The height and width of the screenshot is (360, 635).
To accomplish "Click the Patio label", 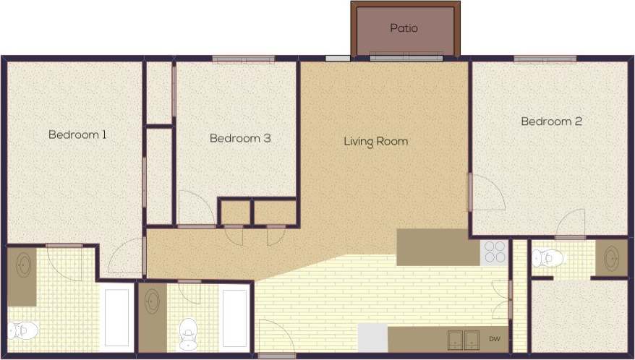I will coord(404,29).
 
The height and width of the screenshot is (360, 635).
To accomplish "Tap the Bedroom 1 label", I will coord(77,134).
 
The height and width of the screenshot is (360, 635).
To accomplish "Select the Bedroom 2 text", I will coord(551,121).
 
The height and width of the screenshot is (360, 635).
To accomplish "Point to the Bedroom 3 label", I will coord(240,138).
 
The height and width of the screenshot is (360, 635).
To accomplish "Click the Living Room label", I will coord(375,142).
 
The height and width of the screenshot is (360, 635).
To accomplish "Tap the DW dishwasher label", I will coord(495,338).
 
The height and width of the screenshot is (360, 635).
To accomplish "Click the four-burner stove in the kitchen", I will coord(495,252).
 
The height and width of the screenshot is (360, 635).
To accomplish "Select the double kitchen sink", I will coord(463,338).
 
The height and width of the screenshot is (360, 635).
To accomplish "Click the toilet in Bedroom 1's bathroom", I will coord(22,330).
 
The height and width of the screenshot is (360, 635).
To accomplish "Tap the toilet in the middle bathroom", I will coord(189,333).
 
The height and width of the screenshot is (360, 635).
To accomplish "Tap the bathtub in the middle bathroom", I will coord(234,319).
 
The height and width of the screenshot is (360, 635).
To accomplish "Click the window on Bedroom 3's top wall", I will coord(243,59).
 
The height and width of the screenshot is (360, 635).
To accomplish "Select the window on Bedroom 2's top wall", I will coord(545,59).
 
